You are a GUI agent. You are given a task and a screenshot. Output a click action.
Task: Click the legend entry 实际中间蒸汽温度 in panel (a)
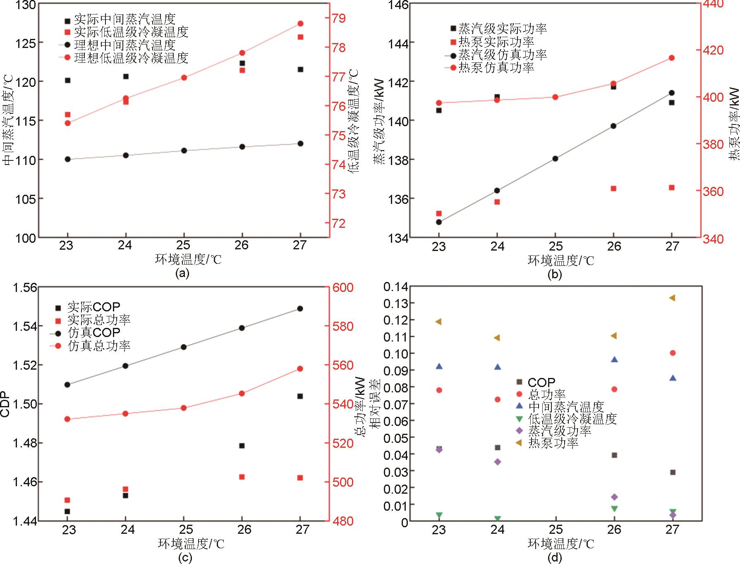click(x=125, y=19)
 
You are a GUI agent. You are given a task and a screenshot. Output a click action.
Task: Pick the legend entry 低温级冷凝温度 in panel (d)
click(x=572, y=419)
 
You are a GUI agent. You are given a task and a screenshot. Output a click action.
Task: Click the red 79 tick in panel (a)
click(x=341, y=18)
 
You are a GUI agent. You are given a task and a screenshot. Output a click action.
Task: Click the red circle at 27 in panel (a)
click(x=300, y=24)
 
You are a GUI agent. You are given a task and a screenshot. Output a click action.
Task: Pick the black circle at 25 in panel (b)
click(x=555, y=158)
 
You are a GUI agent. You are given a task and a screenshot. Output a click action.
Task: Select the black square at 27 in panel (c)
click(x=300, y=396)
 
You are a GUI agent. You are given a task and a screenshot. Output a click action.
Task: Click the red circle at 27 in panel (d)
click(x=673, y=353)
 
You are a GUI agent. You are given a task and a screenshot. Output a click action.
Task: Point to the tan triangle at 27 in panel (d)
click(x=673, y=298)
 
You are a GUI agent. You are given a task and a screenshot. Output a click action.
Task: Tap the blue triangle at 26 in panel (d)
click(x=614, y=359)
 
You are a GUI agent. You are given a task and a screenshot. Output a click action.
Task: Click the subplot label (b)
click(x=554, y=274)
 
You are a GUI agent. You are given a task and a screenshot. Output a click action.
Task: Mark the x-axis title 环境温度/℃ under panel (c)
click(x=191, y=543)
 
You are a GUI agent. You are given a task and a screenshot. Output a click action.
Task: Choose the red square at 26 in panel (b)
click(x=613, y=189)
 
